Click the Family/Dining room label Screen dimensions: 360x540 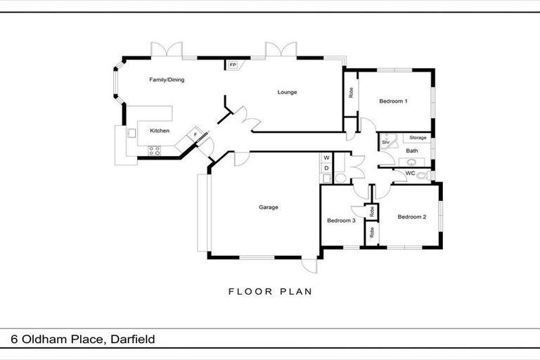[167, 80]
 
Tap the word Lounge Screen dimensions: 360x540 [287, 92]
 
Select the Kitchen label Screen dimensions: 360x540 [160, 131]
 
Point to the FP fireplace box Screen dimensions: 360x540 [233, 65]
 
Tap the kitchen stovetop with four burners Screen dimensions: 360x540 [155, 150]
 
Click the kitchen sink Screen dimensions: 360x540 [130, 132]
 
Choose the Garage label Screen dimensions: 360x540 [269, 207]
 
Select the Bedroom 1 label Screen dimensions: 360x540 [393, 101]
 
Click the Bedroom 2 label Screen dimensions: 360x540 [411, 217]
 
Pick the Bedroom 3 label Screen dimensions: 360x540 [340, 221]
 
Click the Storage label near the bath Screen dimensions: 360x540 [418, 138]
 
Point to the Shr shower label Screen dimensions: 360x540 [386, 143]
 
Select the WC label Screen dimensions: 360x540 [410, 172]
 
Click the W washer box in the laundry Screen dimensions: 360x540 [326, 158]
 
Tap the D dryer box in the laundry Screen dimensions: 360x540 [326, 169]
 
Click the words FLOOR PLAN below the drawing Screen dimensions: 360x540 [270, 290]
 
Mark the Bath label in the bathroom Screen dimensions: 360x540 [412, 150]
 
